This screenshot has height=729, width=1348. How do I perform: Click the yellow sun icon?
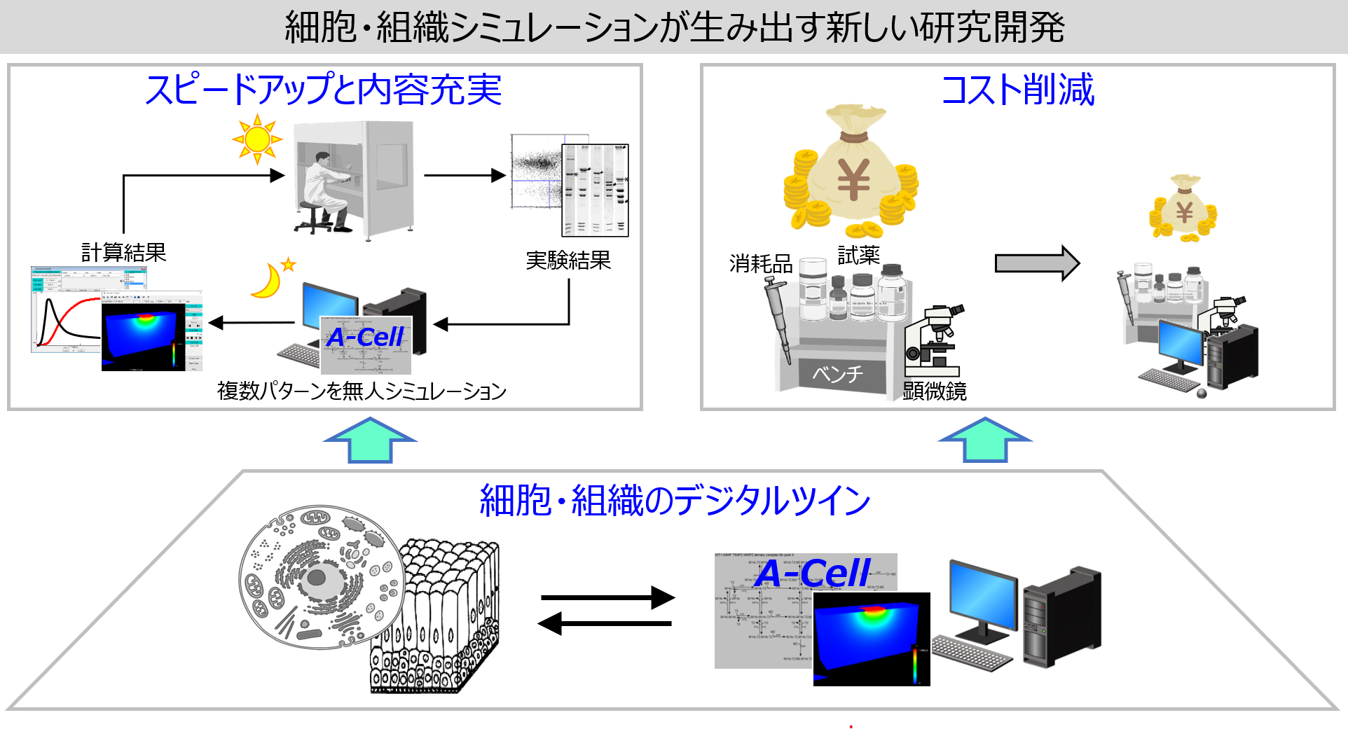(257, 139)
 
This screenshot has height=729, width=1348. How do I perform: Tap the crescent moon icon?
(268, 281)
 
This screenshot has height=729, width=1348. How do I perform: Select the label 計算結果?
(124, 252)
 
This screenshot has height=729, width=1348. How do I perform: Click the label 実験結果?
(568, 261)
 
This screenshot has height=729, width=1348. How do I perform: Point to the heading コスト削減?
(1017, 90)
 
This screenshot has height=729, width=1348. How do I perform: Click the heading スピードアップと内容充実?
(324, 90)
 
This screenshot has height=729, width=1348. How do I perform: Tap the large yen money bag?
(851, 172)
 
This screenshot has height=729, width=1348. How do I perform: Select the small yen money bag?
(1183, 209)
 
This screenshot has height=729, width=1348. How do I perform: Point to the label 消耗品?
(761, 263)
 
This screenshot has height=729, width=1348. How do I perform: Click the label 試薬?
(858, 255)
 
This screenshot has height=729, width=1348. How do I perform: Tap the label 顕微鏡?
(934, 390)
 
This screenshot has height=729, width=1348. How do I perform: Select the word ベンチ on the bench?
(838, 374)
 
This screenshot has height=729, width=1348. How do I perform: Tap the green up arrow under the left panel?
(370, 441)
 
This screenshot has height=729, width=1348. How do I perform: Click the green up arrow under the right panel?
(985, 441)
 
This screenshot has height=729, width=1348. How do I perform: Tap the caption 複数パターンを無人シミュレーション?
(362, 391)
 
